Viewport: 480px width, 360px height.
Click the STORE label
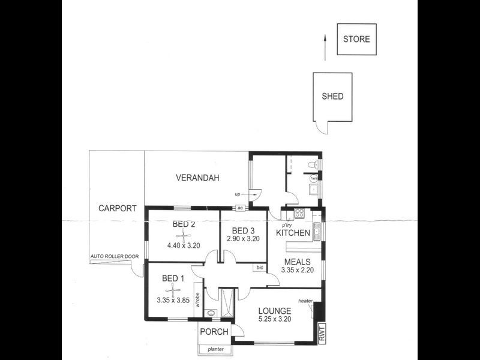[x=356, y=40]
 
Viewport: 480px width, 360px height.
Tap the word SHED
[x=332, y=96]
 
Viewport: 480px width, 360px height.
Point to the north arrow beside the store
[x=325, y=47]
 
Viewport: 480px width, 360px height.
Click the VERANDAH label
[x=197, y=178]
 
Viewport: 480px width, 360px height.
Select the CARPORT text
[x=117, y=209]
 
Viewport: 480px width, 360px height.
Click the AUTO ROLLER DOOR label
[x=114, y=257]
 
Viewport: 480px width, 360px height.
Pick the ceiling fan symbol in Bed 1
[x=173, y=290]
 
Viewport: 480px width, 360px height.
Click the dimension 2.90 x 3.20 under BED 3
[x=243, y=239]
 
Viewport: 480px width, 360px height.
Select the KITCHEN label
[x=293, y=233]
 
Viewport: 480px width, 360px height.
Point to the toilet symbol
[x=312, y=164]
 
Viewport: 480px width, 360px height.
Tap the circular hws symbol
[x=313, y=179]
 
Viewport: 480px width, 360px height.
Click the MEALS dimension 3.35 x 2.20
[x=298, y=271]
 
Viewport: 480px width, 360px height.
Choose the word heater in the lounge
[x=305, y=301]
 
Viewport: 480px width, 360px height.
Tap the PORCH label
[x=214, y=332]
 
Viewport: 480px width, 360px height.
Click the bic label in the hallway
[x=260, y=267]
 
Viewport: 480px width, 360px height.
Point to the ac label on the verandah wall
[x=240, y=208]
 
